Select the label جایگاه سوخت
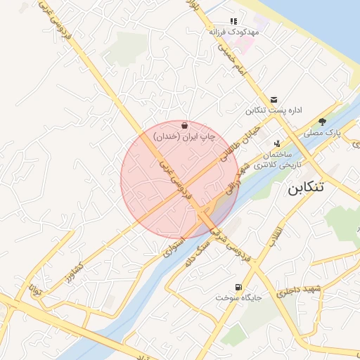pyautogui.click(x=240, y=298)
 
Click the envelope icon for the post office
pyautogui.click(x=274, y=100)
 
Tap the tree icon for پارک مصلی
pyautogui.click(x=322, y=121)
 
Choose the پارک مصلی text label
pyautogui.click(x=322, y=132)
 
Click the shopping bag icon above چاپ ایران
pyautogui.click(x=184, y=124)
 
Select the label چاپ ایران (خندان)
pyautogui.click(x=184, y=136)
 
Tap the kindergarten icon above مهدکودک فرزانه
pyautogui.click(x=233, y=22)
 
